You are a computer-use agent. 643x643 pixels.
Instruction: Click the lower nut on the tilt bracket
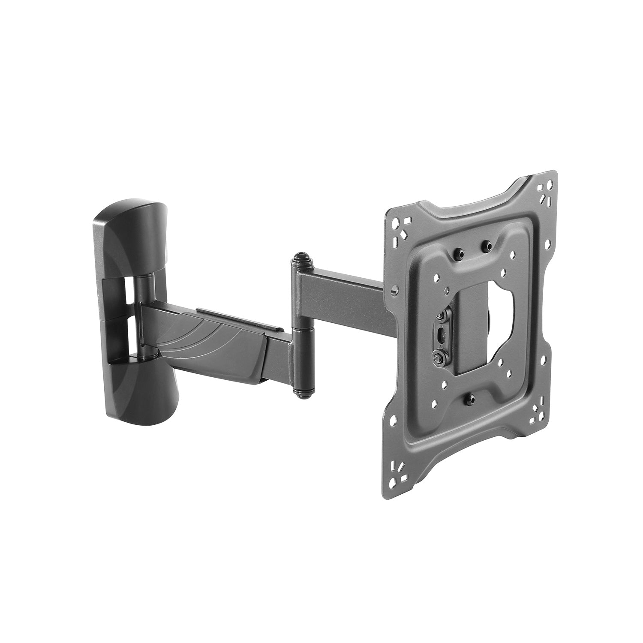pyautogui.click(x=439, y=356)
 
